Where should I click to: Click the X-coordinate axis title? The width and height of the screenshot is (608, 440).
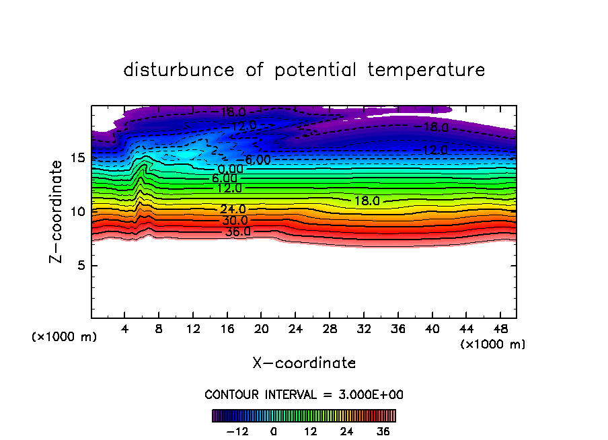(x=304, y=363)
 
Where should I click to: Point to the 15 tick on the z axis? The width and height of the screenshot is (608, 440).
(x=77, y=158)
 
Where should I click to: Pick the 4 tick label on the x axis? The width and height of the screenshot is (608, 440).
(x=125, y=329)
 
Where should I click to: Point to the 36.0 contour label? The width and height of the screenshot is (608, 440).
(x=237, y=231)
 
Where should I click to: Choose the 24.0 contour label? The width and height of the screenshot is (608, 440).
(x=233, y=209)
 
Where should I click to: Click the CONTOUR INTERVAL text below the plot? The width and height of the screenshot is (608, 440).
(x=304, y=394)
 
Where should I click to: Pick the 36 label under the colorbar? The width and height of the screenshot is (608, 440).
(x=383, y=431)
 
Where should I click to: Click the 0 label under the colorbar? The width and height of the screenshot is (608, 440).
(x=274, y=431)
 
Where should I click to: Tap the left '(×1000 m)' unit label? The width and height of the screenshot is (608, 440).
(x=65, y=337)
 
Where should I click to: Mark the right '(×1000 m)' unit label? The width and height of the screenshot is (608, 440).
(x=493, y=344)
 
